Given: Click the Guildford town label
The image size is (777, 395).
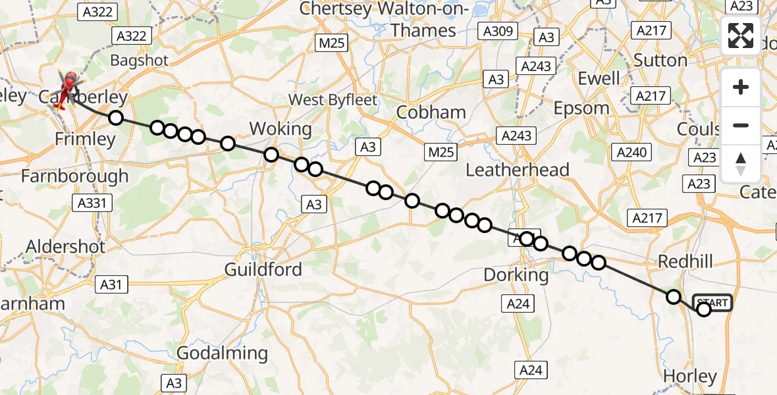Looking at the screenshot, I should tap(263, 269).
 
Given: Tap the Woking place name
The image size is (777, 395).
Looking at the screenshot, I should tap(281, 128).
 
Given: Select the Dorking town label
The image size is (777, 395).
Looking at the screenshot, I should tap(516, 275).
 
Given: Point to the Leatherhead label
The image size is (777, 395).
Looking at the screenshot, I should tap(517, 170).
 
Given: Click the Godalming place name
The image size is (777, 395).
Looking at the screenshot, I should tap(223, 354).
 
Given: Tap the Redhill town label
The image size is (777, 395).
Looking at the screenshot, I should tap(685, 261).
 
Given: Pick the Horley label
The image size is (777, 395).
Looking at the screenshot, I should tap(689, 377).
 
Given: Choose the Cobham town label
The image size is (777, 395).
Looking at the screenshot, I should tap(431, 113).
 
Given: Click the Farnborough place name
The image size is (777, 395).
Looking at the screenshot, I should tap(75, 176).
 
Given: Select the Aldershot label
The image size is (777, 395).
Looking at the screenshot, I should tap(65, 247).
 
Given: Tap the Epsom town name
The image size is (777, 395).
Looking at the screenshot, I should tap(581, 108).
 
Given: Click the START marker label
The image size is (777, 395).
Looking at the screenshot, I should tap(712, 303).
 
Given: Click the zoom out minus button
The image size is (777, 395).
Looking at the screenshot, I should tap(741, 126).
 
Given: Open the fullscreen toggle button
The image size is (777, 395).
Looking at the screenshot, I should tap(741, 36).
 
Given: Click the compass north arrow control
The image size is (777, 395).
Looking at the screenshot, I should tap(741, 163).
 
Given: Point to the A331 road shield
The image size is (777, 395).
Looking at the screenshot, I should tap(94, 203).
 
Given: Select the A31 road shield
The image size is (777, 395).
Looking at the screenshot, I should tap(111, 285).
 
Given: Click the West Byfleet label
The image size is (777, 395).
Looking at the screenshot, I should tap(334, 100).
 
